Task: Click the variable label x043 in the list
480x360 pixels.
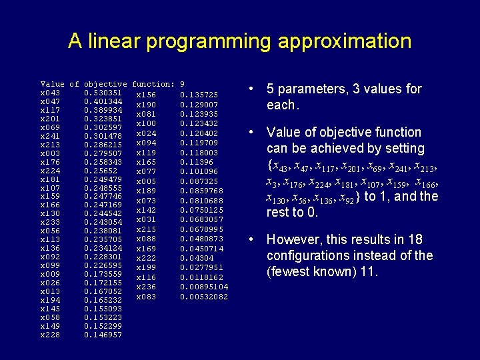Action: (50, 93)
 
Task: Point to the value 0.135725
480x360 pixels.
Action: (199, 95)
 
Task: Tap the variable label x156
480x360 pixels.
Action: (146, 95)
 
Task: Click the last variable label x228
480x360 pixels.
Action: (50, 335)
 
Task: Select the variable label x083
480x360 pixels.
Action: (146, 297)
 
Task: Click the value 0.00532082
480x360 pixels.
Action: (204, 297)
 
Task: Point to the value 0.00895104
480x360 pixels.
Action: (204, 287)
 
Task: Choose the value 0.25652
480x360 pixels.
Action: (101, 171)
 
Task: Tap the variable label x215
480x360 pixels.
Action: (146, 229)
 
